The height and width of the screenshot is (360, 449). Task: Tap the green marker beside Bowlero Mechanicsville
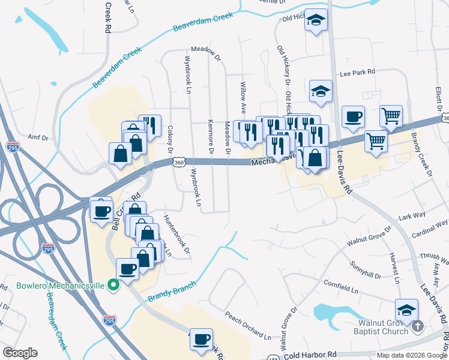112,286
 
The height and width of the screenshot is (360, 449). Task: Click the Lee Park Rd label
357,72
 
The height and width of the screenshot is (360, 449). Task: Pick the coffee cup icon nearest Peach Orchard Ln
200,339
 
